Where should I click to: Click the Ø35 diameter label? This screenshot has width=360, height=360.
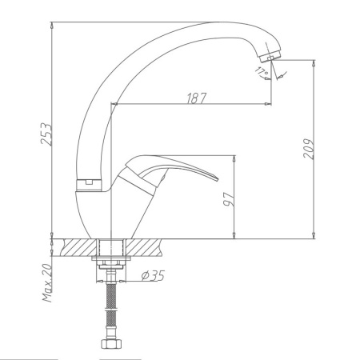(152, 276)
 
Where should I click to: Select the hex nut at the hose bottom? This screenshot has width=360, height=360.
(110, 346)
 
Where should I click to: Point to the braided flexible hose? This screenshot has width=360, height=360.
(110, 312)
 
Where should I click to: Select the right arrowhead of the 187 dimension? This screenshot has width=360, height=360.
(271, 104)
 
